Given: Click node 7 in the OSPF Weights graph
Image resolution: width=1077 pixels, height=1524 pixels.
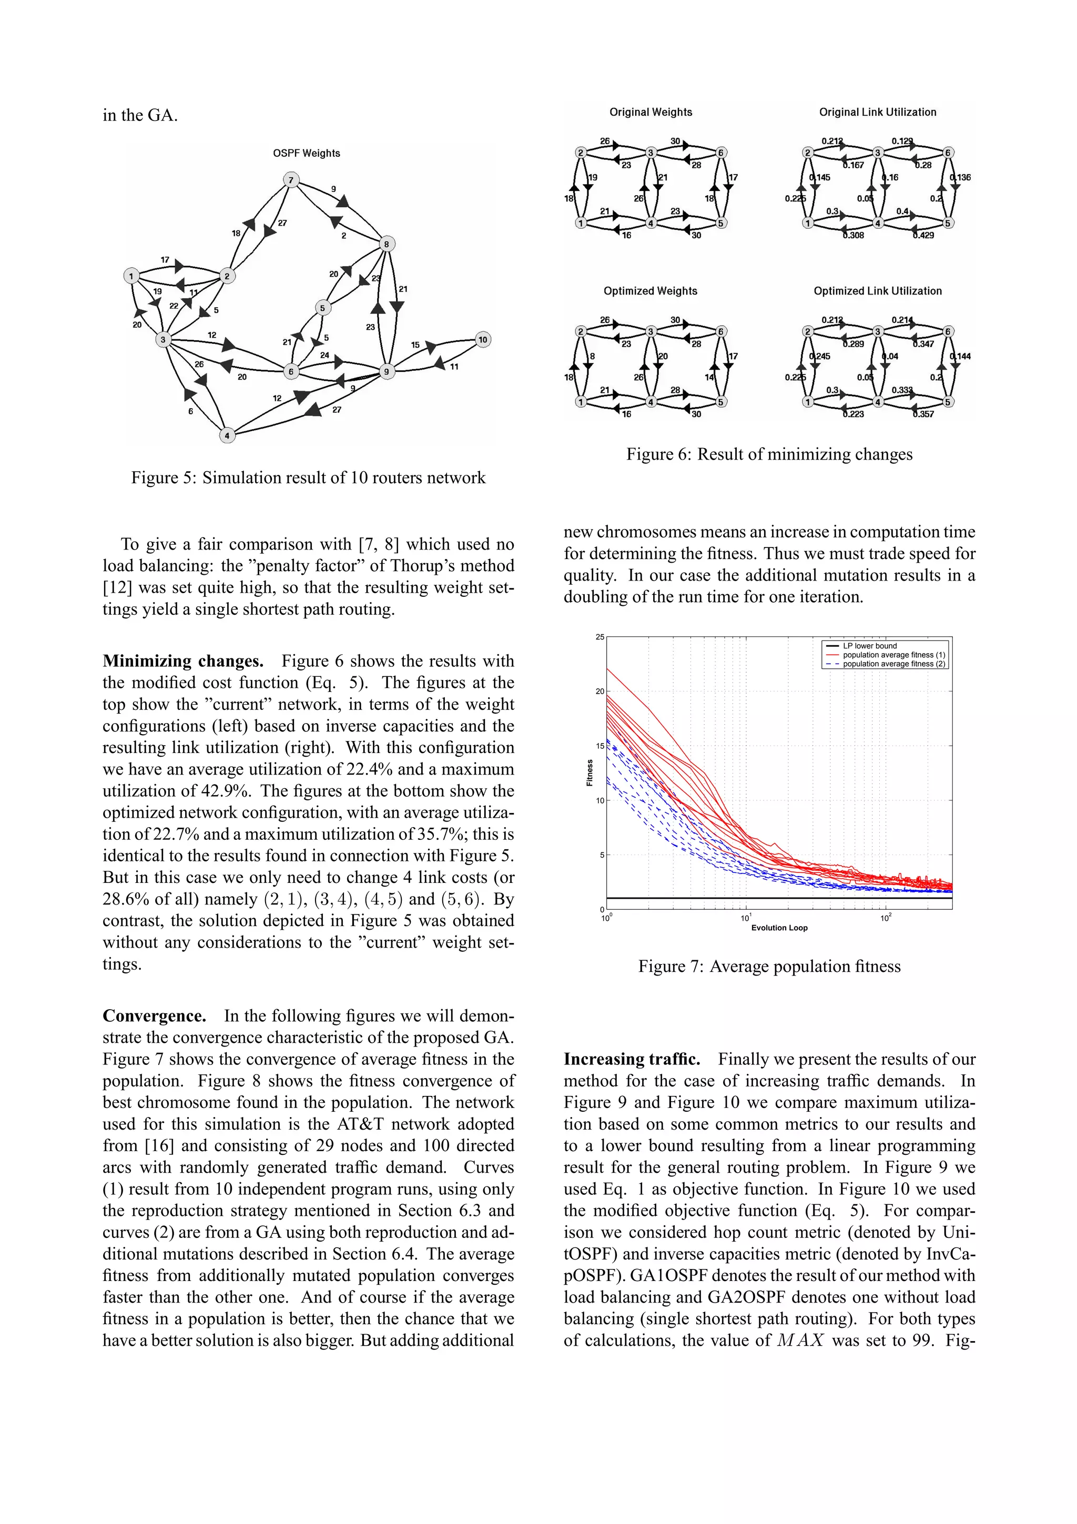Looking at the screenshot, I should [291, 180].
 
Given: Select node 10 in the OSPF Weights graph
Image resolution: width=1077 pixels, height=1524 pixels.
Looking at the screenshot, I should [482, 339].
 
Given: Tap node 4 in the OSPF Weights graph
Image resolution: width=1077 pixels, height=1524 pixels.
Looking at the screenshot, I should [227, 435].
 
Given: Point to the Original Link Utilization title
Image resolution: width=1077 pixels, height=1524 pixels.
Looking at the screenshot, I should [877, 112].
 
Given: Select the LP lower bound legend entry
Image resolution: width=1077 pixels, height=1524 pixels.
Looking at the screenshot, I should [869, 646].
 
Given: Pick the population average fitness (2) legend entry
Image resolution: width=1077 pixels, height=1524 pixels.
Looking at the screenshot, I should [893, 664].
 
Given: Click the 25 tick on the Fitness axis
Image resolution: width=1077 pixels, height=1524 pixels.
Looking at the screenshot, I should [599, 637].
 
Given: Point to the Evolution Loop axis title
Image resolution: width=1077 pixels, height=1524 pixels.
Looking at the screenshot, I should [779, 928].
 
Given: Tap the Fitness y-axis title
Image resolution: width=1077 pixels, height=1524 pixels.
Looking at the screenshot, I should [590, 773].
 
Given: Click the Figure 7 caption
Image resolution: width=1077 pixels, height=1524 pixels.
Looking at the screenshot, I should [769, 967].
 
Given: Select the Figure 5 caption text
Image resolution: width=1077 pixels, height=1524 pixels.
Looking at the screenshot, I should [308, 478].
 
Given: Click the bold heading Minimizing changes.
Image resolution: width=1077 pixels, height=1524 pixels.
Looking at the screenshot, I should [183, 661].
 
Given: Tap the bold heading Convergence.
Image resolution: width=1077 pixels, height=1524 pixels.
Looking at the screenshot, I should [155, 1016].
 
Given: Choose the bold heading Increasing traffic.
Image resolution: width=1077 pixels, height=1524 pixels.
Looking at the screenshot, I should [632, 1059].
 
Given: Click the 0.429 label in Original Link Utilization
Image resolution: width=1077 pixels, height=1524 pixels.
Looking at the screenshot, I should [923, 235].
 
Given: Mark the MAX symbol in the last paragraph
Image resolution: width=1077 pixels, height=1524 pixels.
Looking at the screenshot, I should [800, 1340].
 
